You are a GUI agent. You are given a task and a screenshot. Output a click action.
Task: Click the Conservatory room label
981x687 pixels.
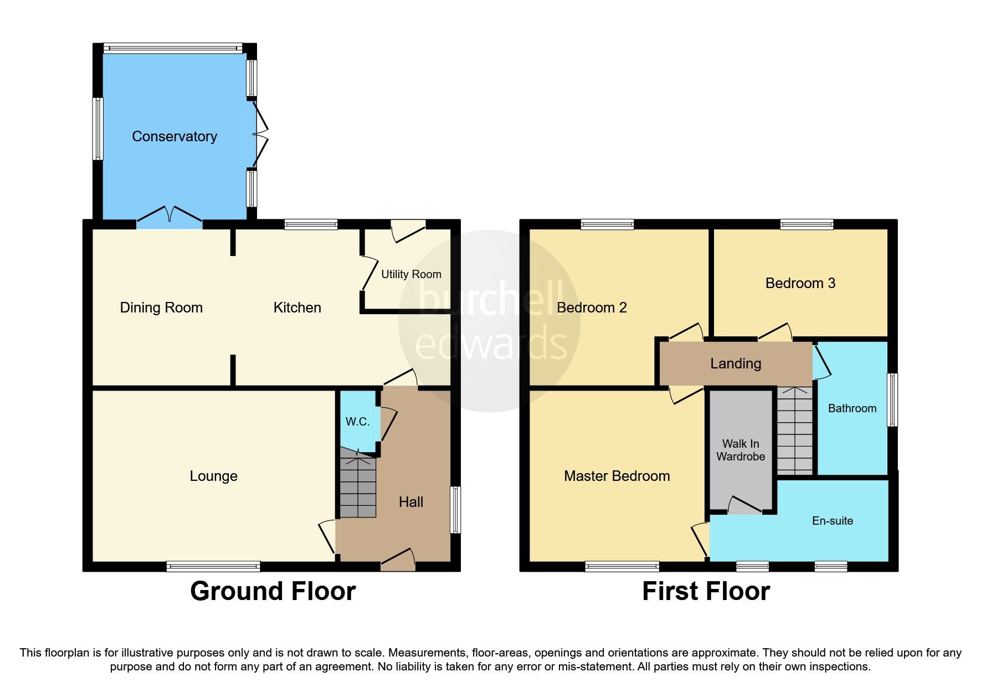(174, 136)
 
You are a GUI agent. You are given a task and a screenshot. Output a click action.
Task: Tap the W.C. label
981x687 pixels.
(357, 422)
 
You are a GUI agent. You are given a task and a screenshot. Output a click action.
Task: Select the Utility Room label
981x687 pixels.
(411, 274)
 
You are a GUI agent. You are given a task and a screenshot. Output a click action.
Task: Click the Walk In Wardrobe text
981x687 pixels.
(741, 450)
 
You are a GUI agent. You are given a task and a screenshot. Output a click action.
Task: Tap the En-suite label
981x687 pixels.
(832, 521)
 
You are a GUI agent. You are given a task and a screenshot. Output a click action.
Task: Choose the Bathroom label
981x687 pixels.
(852, 408)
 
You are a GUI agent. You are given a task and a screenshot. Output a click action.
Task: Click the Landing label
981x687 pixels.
(736, 363)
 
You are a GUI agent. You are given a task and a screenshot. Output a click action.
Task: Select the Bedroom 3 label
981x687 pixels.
(800, 283)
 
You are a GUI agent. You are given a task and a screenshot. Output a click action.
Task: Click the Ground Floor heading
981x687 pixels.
(273, 591)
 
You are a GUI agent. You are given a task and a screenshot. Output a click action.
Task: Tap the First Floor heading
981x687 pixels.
(706, 591)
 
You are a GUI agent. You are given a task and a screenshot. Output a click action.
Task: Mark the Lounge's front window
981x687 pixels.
(213, 566)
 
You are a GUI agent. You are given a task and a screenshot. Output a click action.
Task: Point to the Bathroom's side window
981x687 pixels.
(892, 399)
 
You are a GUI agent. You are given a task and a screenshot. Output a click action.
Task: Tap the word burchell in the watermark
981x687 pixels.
(491, 298)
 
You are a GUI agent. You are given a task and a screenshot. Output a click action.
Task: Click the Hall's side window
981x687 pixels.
(455, 510)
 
